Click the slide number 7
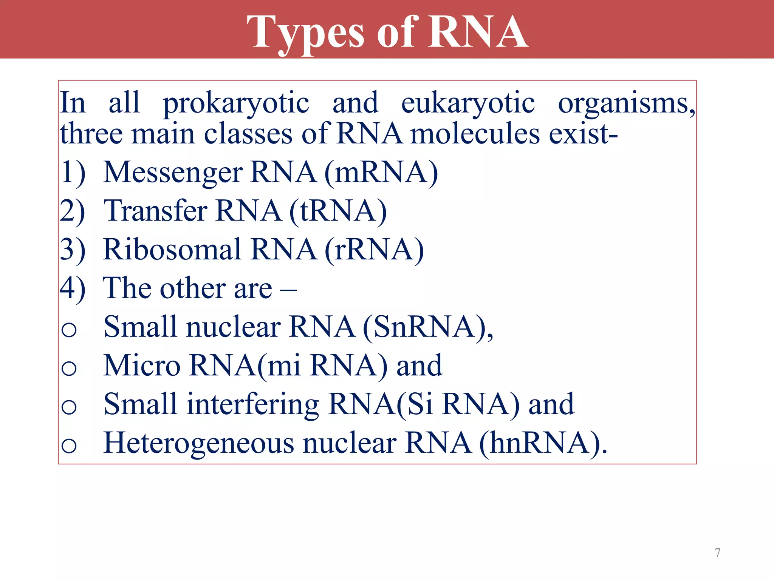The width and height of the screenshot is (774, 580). click(x=718, y=553)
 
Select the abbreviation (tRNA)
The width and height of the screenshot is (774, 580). click(x=338, y=211)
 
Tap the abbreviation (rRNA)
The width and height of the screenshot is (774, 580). click(x=374, y=250)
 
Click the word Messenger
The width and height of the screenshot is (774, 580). click(x=173, y=173)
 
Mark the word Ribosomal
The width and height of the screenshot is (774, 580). click(x=172, y=250)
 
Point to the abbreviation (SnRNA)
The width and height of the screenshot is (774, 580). click(x=427, y=327)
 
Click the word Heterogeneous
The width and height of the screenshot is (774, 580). click(x=199, y=443)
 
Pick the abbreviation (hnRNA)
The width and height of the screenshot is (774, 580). click(x=542, y=443)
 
